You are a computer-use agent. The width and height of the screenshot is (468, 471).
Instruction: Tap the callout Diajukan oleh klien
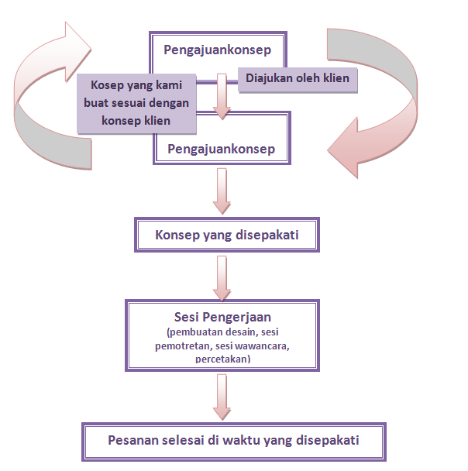tap(298, 78)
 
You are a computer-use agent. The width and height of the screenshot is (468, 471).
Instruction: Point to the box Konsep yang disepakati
tap(227, 235)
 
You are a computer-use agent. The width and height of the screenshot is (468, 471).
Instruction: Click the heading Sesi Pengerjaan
tap(222, 318)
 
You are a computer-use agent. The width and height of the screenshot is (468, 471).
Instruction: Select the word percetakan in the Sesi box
tap(222, 359)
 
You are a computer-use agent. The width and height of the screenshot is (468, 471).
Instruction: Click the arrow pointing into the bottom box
tap(222, 399)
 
